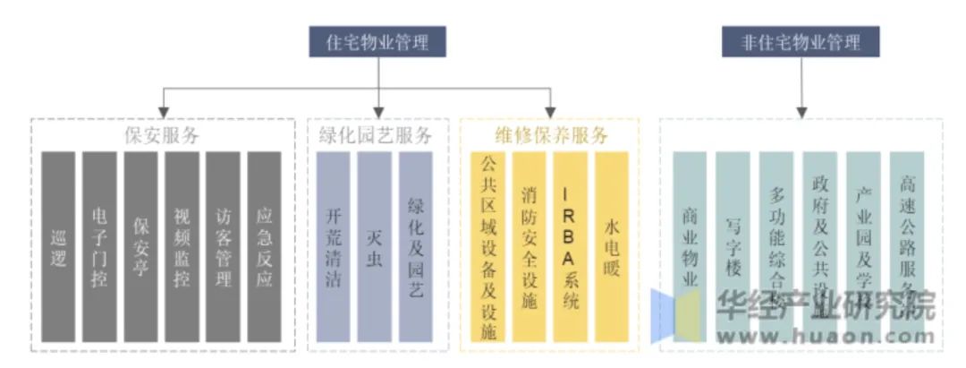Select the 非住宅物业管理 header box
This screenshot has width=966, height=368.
801,42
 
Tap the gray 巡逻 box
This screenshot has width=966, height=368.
59,247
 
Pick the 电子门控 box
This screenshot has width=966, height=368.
99,247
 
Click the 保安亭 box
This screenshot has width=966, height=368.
140,247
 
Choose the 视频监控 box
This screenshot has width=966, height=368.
182,247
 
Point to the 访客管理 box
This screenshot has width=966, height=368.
223,247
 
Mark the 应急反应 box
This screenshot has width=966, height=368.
264,247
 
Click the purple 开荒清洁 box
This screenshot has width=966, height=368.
334,247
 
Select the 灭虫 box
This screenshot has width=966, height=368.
375,247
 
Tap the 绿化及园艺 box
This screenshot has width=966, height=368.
416,247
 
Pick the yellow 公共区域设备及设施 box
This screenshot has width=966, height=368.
488,247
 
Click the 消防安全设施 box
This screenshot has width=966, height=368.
530,247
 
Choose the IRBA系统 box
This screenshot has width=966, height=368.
571,247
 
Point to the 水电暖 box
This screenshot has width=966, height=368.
612,247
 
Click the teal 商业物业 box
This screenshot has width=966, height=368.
690,247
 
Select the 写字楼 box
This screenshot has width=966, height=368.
733,247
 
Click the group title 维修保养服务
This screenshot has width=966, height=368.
550,135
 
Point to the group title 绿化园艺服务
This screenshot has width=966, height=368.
375,135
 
